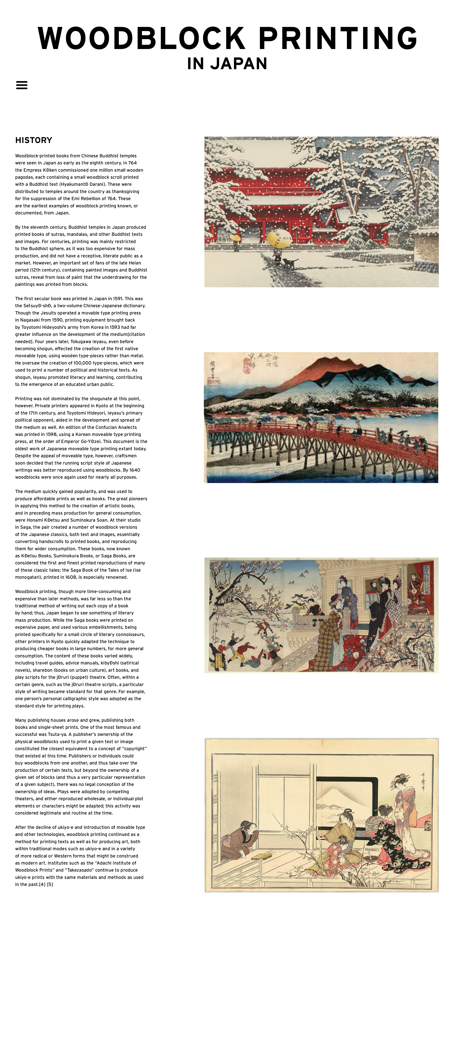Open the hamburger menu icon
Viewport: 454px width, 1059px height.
point(22,85)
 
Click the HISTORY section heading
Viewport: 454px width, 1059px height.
point(34,140)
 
